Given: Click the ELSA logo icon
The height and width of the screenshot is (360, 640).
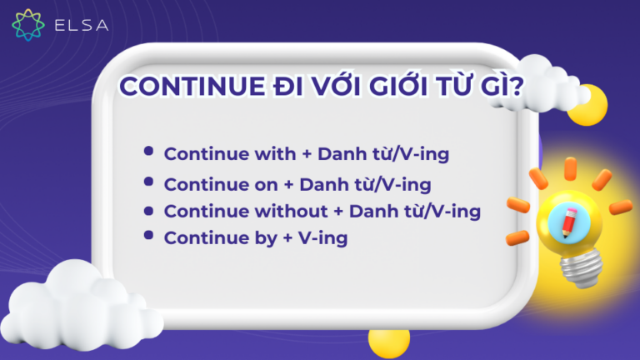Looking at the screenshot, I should [x=27, y=25].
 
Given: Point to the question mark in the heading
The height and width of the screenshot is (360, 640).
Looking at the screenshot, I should [x=518, y=88].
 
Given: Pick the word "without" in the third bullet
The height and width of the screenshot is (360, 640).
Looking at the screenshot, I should [x=295, y=212].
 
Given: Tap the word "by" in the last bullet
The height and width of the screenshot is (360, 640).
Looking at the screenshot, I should [x=265, y=238].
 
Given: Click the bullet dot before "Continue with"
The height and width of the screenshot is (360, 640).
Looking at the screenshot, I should [x=148, y=152].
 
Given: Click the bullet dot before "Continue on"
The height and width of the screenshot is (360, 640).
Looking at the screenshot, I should [x=148, y=181].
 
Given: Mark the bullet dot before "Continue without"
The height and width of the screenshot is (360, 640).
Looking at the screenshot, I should [x=148, y=209].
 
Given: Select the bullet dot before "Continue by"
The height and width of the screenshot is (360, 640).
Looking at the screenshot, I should [x=148, y=237].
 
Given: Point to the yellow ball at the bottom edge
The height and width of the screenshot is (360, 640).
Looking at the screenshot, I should [x=389, y=343].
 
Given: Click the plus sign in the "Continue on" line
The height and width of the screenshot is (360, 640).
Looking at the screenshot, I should [x=288, y=183].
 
